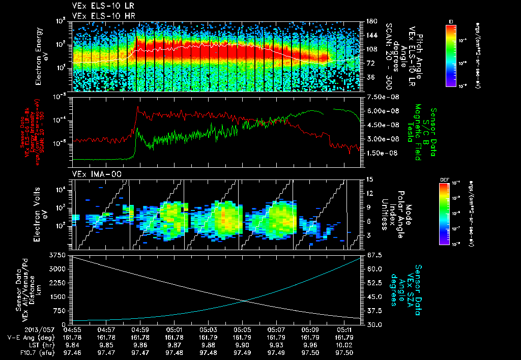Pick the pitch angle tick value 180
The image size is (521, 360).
[370, 21]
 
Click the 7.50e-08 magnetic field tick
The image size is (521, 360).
[378, 97]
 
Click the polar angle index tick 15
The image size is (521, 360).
[370, 179]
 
